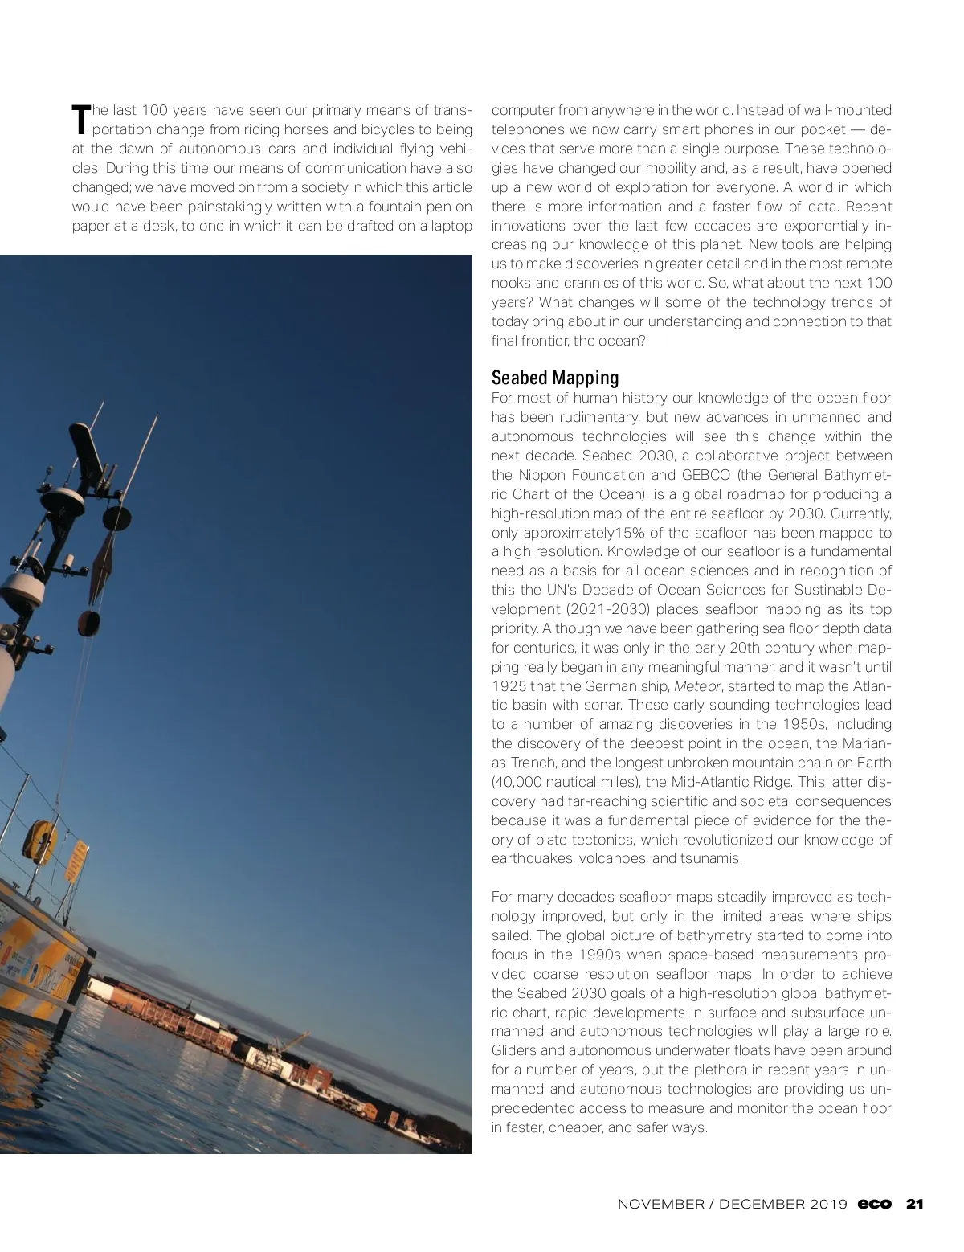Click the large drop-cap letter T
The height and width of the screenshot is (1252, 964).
coord(80,119)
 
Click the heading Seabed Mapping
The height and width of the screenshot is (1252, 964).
coord(555,378)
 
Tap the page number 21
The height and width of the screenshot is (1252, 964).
coord(915,1204)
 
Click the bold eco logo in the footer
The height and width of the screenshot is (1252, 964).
coord(874,1204)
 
